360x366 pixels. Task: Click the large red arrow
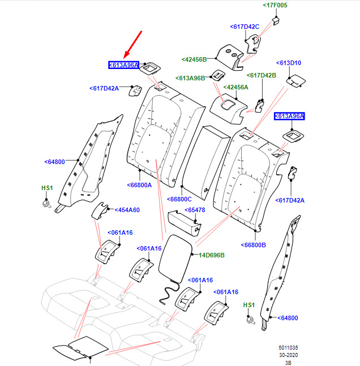(x=132, y=45)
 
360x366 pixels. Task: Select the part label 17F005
(x=275, y=5)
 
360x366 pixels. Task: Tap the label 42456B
(x=194, y=59)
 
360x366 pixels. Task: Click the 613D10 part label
(x=289, y=63)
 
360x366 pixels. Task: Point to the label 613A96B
(x=190, y=78)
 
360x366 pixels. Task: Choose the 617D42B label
(x=262, y=75)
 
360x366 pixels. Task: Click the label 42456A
(x=235, y=87)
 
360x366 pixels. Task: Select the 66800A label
(x=139, y=185)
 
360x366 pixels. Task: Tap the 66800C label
(x=179, y=199)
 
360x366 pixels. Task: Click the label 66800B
(x=253, y=245)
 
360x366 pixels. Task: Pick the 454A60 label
(x=127, y=210)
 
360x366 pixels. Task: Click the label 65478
(x=195, y=210)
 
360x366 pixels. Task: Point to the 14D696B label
(x=212, y=255)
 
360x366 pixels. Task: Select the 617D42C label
(x=245, y=27)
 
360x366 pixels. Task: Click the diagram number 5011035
(x=288, y=348)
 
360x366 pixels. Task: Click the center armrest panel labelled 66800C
(x=205, y=162)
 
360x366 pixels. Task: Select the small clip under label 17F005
(x=276, y=21)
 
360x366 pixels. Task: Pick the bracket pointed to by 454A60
(x=100, y=211)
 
